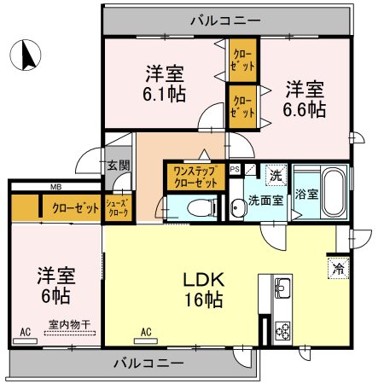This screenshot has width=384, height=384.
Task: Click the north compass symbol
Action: [x=26, y=55]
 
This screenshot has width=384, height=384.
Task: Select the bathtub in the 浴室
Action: [x=334, y=192]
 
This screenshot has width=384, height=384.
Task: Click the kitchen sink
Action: [x=282, y=288]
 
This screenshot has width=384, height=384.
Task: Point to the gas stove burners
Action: [x=282, y=332]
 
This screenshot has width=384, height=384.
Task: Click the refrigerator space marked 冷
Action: [x=338, y=268]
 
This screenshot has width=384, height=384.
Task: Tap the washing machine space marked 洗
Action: [x=276, y=176]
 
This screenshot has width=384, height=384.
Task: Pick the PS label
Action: [x=235, y=169]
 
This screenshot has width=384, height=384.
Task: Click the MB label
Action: [x=55, y=187]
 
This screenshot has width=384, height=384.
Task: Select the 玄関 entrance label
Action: [x=119, y=166]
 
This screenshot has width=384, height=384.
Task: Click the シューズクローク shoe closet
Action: [x=118, y=208]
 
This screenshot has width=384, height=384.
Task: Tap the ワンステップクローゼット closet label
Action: [x=195, y=177]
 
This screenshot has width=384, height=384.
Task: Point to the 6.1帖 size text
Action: [x=164, y=94]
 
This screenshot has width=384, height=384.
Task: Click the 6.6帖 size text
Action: [x=305, y=109]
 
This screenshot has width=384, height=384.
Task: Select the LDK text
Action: [x=204, y=280]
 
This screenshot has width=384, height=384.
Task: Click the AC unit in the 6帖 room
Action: [x=25, y=341]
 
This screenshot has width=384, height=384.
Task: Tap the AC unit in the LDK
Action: [x=146, y=340]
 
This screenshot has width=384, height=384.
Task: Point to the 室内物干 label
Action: [x=70, y=324]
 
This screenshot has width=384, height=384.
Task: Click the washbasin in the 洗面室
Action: [x=236, y=206]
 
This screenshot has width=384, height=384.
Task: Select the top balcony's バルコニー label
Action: [x=225, y=20]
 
